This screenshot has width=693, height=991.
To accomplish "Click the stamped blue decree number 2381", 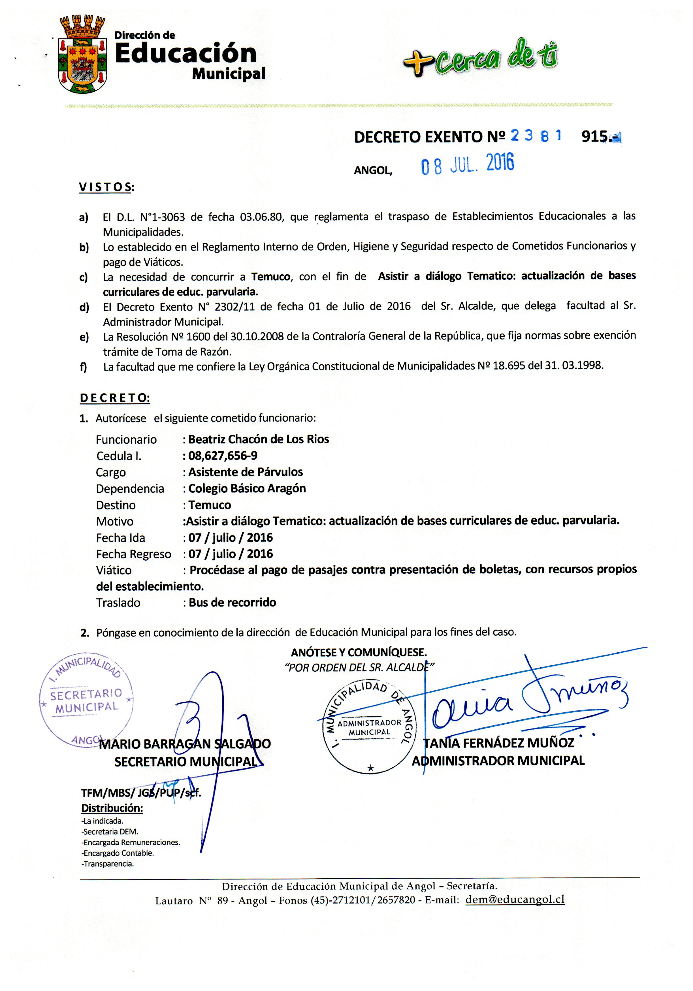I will pos(536,136).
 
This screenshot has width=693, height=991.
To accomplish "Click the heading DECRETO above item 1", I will pos(114,398).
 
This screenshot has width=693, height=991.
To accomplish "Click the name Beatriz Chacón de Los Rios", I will pos(259,439).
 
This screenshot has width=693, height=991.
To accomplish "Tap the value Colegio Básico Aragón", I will pos(247,489).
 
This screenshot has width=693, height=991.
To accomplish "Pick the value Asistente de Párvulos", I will pos(245,472).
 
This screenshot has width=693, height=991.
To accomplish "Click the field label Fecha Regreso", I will pos(133,554).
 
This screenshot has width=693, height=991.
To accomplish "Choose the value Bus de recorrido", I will pos(232,603).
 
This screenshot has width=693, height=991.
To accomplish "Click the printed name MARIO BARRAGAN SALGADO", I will pos(185,744).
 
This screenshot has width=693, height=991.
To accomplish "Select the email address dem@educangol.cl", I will pos(515,900).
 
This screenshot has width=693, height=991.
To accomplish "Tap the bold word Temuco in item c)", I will pos(271,277).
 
